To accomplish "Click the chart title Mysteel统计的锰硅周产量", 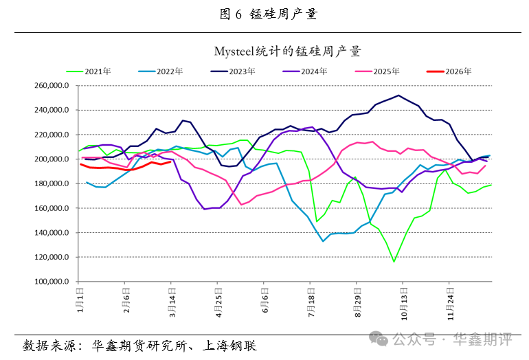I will point(288,51).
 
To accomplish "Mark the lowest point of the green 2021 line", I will point(394,262).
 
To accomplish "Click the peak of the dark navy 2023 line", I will point(398,95).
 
